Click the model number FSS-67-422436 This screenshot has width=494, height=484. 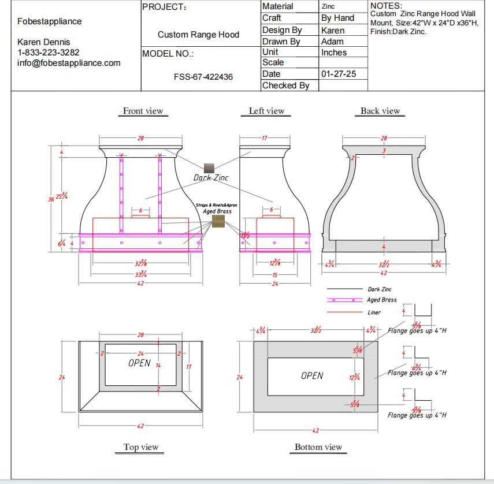[203, 76]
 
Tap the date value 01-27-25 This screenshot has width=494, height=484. [338, 74]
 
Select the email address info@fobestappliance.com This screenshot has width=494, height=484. [69, 63]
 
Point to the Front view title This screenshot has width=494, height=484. [143, 111]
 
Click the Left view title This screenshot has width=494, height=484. [266, 111]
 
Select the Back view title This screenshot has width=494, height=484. [380, 111]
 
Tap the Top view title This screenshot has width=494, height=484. [140, 447]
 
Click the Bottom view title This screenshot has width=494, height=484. [318, 447]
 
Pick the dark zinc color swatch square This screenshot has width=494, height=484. [209, 168]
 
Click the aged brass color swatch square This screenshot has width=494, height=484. [218, 221]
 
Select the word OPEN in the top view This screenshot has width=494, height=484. [139, 363]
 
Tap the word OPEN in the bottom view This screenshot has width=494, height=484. [312, 376]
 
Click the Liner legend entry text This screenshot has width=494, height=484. [374, 312]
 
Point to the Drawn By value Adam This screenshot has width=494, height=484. [332, 42]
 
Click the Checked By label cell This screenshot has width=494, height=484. [286, 85]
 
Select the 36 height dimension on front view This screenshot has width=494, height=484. [51, 199]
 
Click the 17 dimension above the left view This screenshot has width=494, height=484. [264, 138]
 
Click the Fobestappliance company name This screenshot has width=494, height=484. [50, 21]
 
